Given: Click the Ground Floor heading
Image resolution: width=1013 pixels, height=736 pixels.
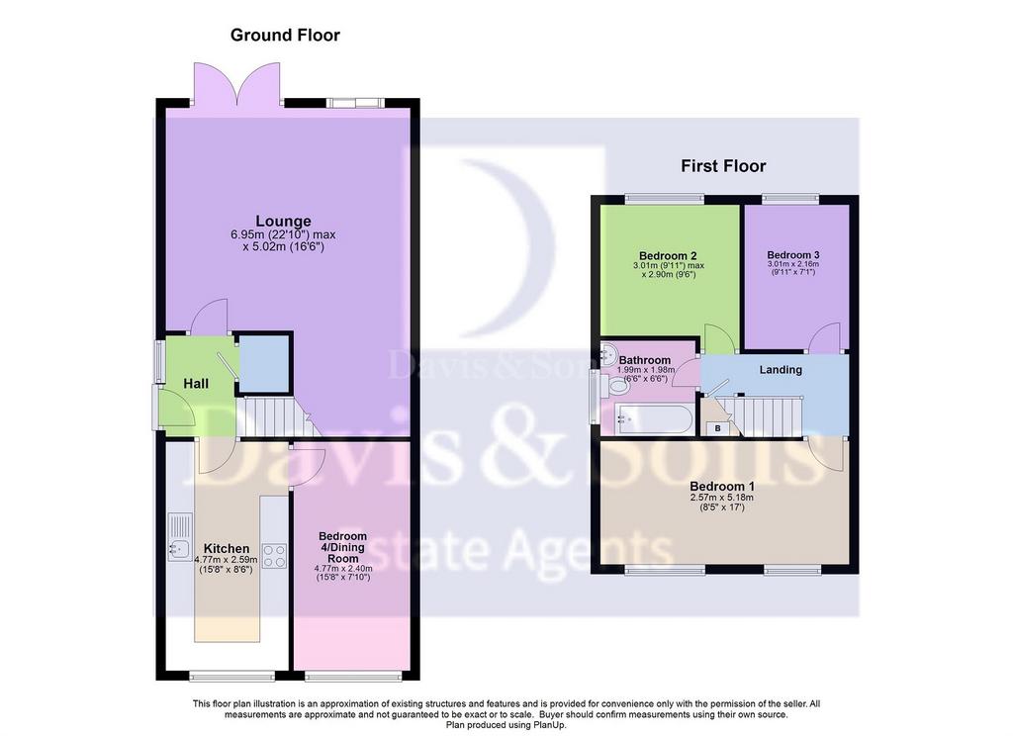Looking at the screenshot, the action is tap(285, 35).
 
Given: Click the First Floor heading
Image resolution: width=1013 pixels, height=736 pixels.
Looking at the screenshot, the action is tap(723, 166).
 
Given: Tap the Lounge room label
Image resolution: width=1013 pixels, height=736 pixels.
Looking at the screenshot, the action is tap(283, 221).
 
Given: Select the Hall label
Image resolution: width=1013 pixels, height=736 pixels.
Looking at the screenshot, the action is tap(196, 384).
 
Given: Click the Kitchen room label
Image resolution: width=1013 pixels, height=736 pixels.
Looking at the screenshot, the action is tap(227, 549).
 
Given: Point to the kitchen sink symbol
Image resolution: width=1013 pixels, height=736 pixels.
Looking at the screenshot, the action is tap(180, 536).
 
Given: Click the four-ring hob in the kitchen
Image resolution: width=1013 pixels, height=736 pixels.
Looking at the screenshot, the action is tap(274, 555).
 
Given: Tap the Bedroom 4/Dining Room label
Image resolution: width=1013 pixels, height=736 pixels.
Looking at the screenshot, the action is tap(342, 547).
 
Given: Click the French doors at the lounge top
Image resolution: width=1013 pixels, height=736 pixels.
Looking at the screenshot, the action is tap(237, 84).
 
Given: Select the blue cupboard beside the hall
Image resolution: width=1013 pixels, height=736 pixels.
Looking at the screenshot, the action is tap(263, 363).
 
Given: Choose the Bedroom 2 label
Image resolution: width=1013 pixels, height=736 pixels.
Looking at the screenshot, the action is tap(668, 256).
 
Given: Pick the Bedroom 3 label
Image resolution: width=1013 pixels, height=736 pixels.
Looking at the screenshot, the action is tap(793, 255).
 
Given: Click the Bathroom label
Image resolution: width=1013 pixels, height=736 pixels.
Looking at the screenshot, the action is tap(645, 360).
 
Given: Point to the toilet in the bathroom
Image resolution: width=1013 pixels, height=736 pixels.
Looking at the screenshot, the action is tap(614, 386).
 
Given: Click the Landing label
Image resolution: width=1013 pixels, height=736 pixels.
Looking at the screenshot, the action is tap(781, 370).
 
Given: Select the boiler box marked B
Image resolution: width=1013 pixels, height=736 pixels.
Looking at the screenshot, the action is tap(718, 428).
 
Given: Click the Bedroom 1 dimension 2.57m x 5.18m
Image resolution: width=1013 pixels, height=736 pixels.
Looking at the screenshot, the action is tap(721, 498).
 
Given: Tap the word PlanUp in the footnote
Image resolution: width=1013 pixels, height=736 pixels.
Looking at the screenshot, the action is tap(550, 725).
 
